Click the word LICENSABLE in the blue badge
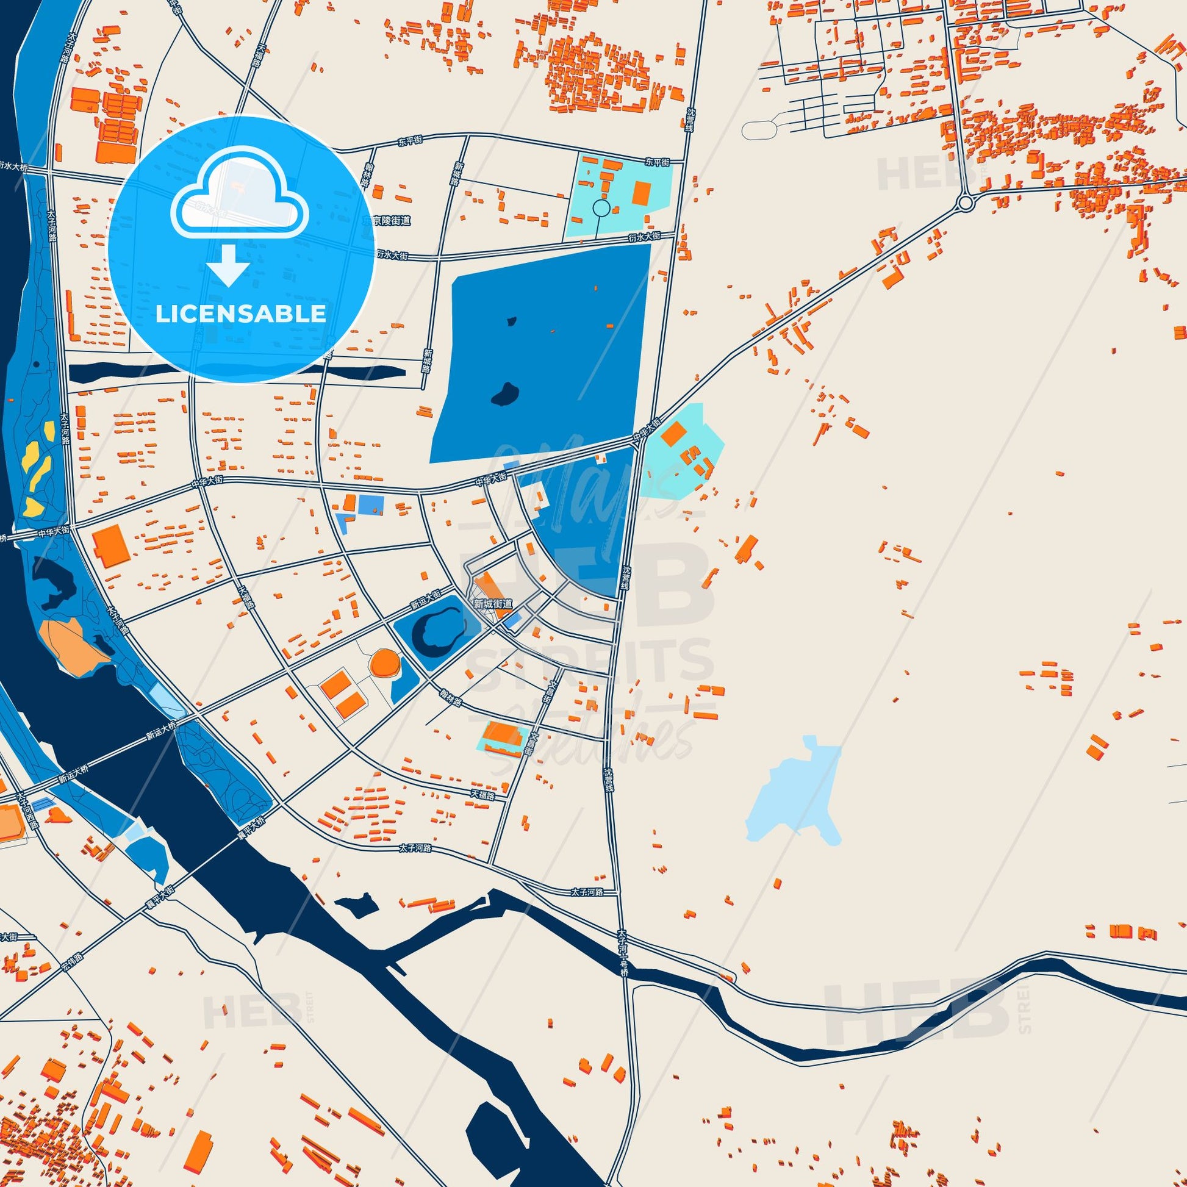[240, 314]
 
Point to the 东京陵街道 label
[386, 221]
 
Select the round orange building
[386, 664]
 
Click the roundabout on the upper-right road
[965, 202]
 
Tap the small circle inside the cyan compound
[601, 209]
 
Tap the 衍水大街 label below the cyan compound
[644, 237]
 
